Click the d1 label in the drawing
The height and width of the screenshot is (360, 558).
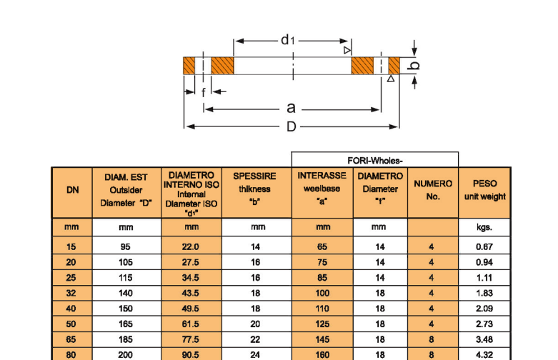(x=288, y=40)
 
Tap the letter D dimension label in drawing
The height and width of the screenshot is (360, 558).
(x=291, y=126)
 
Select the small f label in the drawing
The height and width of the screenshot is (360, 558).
(x=204, y=92)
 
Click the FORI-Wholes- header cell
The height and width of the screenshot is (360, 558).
(x=374, y=160)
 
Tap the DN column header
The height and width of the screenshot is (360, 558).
(x=72, y=191)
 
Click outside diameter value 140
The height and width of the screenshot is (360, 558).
(x=126, y=293)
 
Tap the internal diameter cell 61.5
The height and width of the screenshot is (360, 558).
(x=191, y=324)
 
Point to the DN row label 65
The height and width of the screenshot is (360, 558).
(x=72, y=339)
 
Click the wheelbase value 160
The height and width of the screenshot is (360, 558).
(x=323, y=354)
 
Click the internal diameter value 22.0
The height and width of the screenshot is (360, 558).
(x=191, y=247)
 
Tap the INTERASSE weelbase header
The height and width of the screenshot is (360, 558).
(x=322, y=189)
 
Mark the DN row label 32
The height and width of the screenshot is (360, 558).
(x=72, y=293)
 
